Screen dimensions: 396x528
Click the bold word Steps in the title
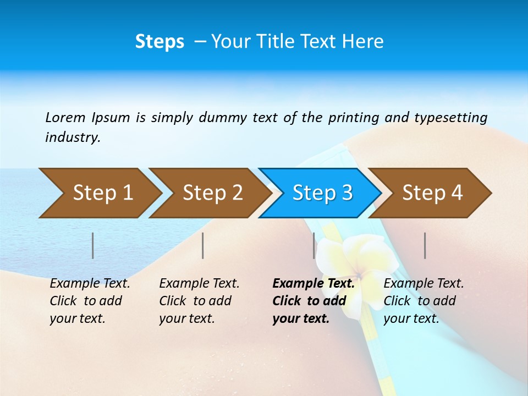coord(159,42)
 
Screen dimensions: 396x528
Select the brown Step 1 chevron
coord(99,193)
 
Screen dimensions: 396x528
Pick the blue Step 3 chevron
coord(322,193)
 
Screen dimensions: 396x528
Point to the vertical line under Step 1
coord(93,245)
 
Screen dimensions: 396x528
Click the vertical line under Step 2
coord(203,245)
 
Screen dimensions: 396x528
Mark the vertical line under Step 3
coord(314,245)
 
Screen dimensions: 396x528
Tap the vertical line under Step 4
coord(425,245)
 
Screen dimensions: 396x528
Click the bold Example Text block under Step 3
coord(313,301)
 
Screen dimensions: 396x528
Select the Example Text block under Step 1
coord(90,301)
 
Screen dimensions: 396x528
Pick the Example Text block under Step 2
coord(199,301)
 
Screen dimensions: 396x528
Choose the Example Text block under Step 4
coord(424,301)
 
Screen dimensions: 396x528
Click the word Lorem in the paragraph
coord(65,117)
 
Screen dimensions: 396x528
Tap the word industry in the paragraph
coord(72,137)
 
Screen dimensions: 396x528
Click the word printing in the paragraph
coord(354,118)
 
